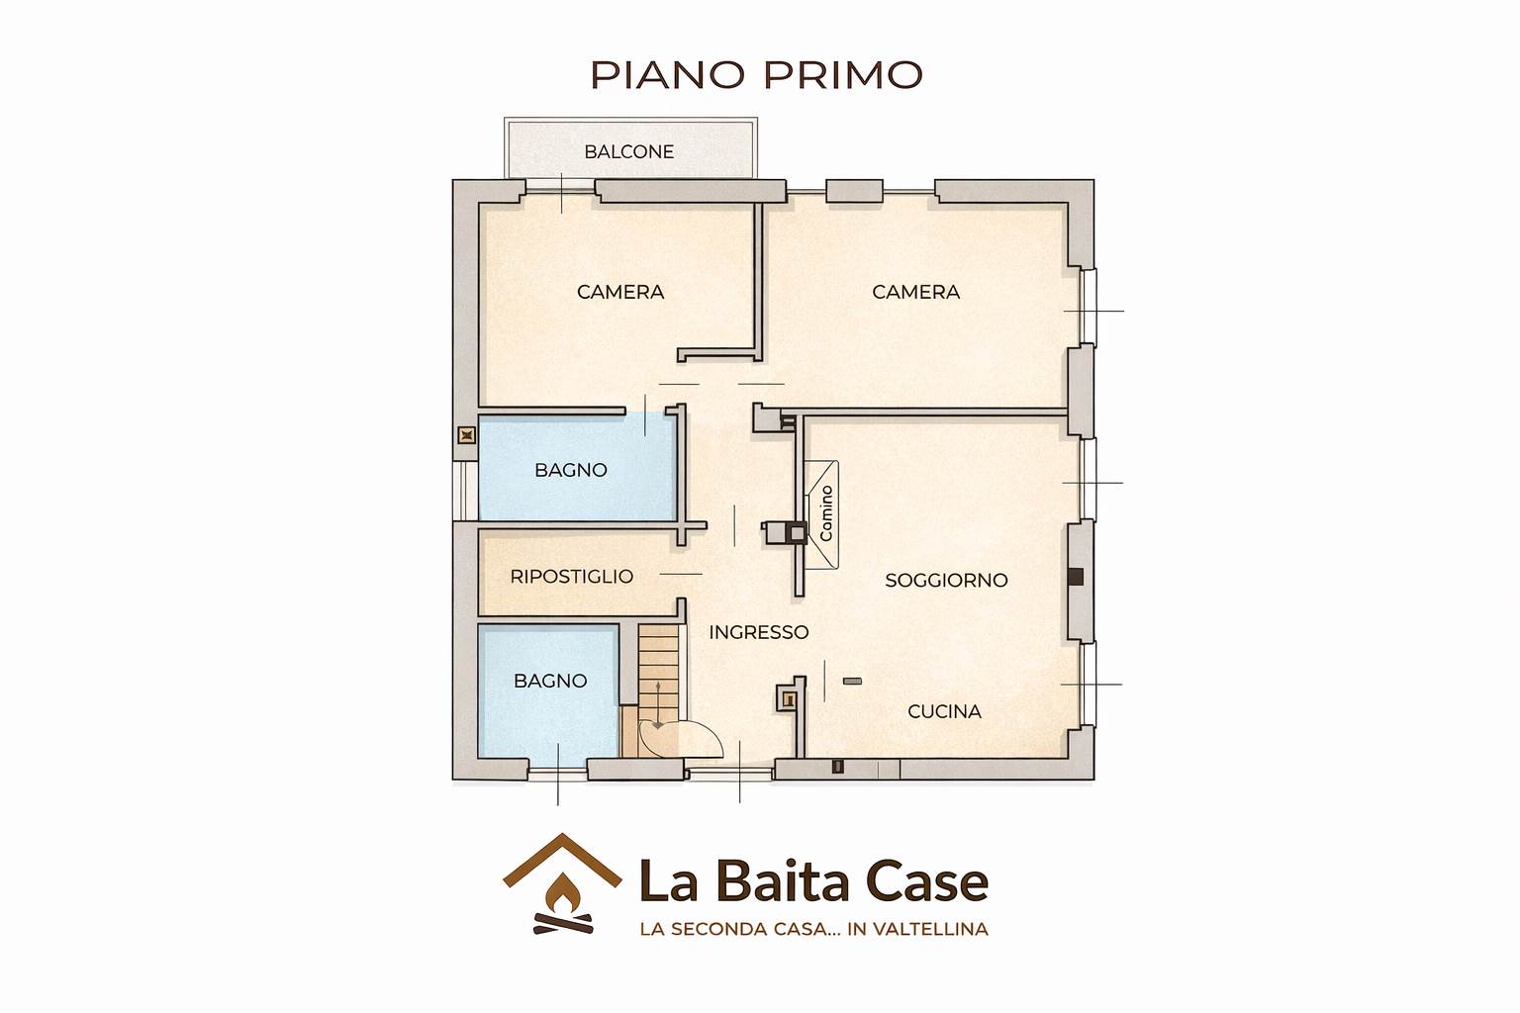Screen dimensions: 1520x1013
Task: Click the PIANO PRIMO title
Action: (757, 75)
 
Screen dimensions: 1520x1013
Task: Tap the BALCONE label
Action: (629, 152)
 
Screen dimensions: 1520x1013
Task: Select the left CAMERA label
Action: (620, 292)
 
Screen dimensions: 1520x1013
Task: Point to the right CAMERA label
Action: (915, 292)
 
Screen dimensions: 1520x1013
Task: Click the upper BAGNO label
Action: (571, 470)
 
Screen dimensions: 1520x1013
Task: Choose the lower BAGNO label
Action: (550, 681)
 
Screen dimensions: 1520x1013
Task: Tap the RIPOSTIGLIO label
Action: (571, 576)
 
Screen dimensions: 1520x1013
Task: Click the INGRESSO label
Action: (759, 632)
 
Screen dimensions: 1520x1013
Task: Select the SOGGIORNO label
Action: (946, 580)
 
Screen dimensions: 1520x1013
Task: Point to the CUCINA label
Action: (945, 711)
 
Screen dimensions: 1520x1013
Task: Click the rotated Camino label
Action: (826, 513)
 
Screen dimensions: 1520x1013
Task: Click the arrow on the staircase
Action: (658, 706)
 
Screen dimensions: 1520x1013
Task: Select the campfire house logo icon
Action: (562, 884)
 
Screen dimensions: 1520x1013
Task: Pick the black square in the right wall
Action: (1075, 577)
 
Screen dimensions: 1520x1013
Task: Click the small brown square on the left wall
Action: (466, 435)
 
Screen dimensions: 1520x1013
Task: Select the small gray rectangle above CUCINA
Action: (852, 681)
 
